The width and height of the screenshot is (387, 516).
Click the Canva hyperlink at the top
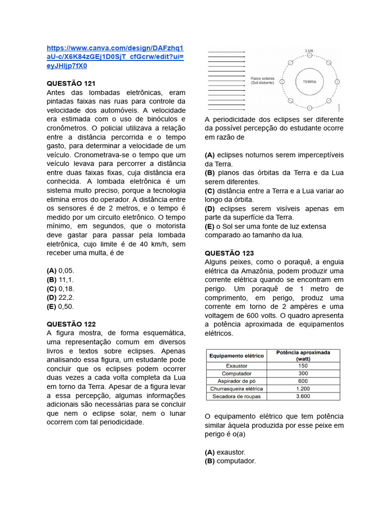115,57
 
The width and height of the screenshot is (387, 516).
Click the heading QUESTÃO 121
71,83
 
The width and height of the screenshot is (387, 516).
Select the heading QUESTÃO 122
71,324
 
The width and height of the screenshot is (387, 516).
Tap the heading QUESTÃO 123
229,253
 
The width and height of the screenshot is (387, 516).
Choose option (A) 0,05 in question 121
60,271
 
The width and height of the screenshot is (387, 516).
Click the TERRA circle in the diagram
309,82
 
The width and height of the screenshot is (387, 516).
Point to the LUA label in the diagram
309,51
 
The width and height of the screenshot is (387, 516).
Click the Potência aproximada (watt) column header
303,356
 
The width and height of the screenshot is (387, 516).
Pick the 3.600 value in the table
303,397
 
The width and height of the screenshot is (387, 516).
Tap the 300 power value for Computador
303,373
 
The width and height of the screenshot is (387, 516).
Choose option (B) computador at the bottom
230,461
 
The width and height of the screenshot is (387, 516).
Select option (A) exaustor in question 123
225,452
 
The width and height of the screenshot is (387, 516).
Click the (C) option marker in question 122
210,191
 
